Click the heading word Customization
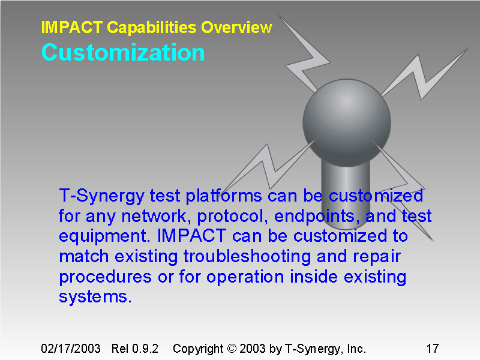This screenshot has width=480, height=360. tap(123, 53)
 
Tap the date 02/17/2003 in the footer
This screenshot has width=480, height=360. tap(70, 349)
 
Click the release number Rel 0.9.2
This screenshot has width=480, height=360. tap(134, 349)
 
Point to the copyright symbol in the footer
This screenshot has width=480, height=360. tap(231, 349)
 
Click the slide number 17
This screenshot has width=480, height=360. tap(432, 349)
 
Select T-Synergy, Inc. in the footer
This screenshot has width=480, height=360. tap(325, 349)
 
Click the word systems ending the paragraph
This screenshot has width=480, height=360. tap(95, 297)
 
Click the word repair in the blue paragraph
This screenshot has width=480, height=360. tap(373, 257)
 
